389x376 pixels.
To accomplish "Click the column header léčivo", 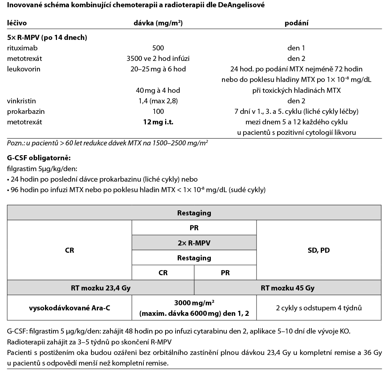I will pos(17,23).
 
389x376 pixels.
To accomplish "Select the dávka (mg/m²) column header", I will pos(158,23).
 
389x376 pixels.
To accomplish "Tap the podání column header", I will pos(296,23).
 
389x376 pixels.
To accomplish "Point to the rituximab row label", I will pos(22,48).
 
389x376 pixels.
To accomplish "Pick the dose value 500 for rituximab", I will pos(158,48).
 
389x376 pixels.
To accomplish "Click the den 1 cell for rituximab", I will pos(296,48).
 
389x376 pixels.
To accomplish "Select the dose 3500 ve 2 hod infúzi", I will pos(158,58).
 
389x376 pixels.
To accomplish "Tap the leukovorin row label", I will pos(24,69).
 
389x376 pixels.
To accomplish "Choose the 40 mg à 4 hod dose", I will pos(158,90).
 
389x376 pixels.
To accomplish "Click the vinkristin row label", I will pos(21,101).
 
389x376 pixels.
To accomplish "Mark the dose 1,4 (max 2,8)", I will pos(158,101).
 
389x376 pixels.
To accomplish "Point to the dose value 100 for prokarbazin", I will pos(158,111).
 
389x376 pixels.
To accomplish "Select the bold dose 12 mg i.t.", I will pos(158,122).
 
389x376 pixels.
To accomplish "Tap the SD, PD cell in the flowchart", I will pos(319,250).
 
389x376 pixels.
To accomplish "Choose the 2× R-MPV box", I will pos(194,243).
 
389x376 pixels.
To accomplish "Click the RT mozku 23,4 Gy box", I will pos(101,288).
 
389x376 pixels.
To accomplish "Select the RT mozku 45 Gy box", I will pos(287,288).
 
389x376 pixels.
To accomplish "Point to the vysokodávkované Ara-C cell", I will pos(69,308).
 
